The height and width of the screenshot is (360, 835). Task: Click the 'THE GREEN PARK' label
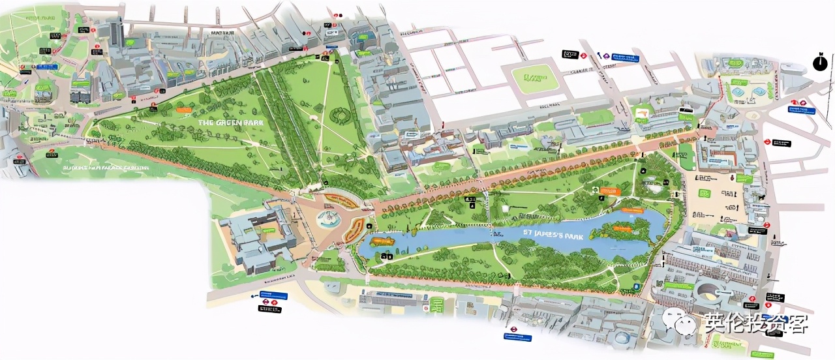(225, 122)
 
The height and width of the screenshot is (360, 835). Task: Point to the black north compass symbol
(819, 63)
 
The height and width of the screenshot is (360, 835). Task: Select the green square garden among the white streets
(534, 80)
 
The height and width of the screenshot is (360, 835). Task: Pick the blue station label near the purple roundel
(627, 57)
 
